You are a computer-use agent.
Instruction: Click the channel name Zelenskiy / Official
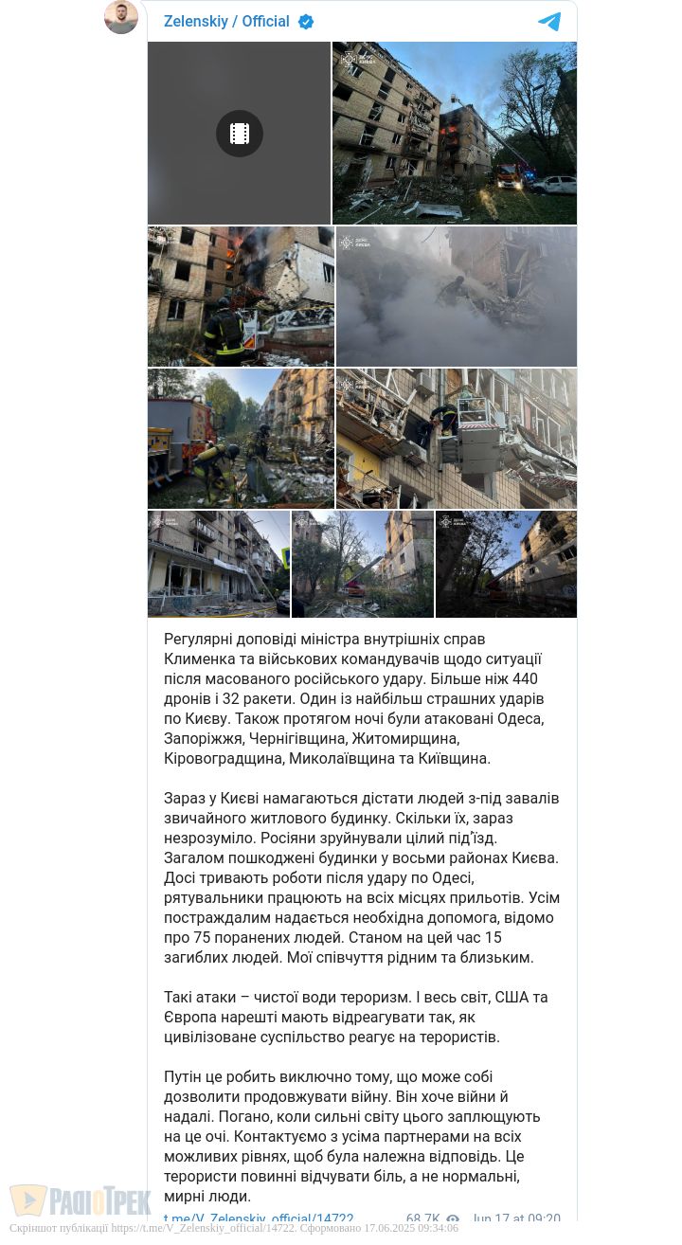click(x=226, y=22)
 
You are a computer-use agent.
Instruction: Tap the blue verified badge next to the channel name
click(x=306, y=22)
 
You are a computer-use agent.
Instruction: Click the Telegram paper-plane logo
click(x=549, y=22)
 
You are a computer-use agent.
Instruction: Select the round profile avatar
click(x=121, y=16)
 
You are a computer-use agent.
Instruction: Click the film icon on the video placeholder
click(x=240, y=134)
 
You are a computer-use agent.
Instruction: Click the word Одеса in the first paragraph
click(x=517, y=718)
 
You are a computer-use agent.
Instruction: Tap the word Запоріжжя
click(x=205, y=738)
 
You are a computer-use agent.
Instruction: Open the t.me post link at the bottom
click(x=259, y=1219)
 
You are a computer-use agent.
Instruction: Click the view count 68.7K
click(x=422, y=1219)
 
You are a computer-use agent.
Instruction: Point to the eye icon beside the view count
click(x=453, y=1219)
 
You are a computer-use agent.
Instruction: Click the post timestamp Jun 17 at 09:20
click(x=516, y=1219)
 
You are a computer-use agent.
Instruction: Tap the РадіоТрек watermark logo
click(x=81, y=1201)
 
